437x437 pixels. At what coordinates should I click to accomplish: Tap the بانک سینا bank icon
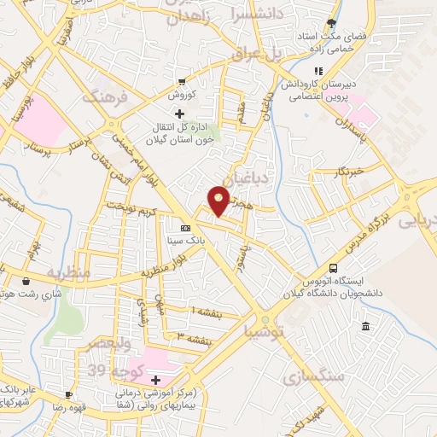pyautogui.click(x=184, y=228)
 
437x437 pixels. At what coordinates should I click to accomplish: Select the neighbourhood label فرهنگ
pyautogui.click(x=104, y=96)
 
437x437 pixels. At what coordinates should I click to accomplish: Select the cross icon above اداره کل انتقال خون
pyautogui.click(x=178, y=114)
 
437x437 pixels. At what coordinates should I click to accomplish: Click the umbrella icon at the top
pyautogui.click(x=331, y=24)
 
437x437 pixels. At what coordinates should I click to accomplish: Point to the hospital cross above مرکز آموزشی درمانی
pyautogui.click(x=155, y=379)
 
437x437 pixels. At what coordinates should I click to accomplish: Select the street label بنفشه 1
pyautogui.click(x=207, y=313)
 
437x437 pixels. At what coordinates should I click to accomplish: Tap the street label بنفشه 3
pyautogui.click(x=193, y=336)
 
